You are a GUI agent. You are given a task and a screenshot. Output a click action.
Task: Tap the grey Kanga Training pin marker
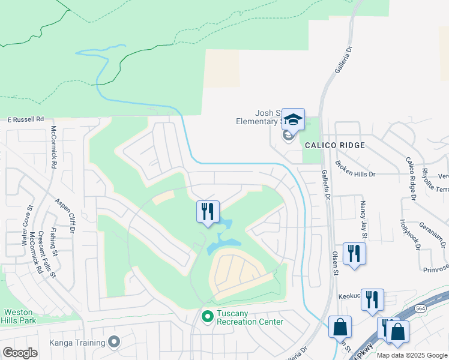coord(115,343)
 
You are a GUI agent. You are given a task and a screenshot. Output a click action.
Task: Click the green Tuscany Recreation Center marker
coord(208,316)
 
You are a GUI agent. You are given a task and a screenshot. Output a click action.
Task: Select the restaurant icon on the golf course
coord(208,211)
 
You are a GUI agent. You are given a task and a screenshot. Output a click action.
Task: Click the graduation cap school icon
coord(293,119)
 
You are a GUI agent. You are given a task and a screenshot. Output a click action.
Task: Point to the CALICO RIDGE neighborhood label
coord(334,145)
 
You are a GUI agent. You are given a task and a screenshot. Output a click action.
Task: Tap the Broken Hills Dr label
coord(355,169)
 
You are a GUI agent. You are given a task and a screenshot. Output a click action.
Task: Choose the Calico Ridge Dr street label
coord(411,178)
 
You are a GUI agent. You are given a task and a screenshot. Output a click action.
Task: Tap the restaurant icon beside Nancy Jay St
coord(354,253)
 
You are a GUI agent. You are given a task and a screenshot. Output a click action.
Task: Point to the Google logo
coord(20,353)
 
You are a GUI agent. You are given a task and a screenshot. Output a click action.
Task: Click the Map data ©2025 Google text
coord(412,355)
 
